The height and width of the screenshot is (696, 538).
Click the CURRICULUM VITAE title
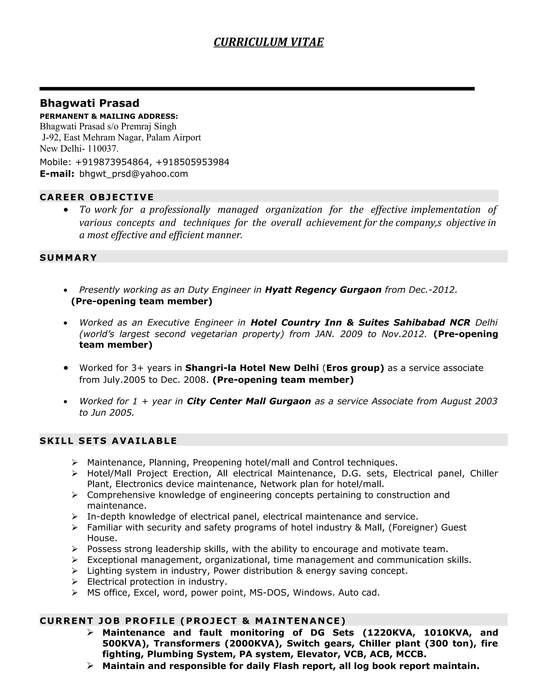tap(268, 42)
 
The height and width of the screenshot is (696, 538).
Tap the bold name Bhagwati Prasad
tap(90, 103)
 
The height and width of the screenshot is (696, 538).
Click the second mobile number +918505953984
tap(193, 162)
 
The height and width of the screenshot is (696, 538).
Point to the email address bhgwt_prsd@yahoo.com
tap(133, 174)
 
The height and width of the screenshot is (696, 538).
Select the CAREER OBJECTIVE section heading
tap(97, 197)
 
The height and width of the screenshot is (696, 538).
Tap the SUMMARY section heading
tap(68, 257)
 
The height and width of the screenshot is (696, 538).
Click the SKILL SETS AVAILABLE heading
tap(108, 441)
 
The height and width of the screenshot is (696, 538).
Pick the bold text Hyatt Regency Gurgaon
tap(323, 290)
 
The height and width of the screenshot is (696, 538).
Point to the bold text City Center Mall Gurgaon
tap(249, 401)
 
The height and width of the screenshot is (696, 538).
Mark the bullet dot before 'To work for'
tap(66, 210)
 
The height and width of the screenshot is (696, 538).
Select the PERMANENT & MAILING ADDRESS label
tap(109, 116)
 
